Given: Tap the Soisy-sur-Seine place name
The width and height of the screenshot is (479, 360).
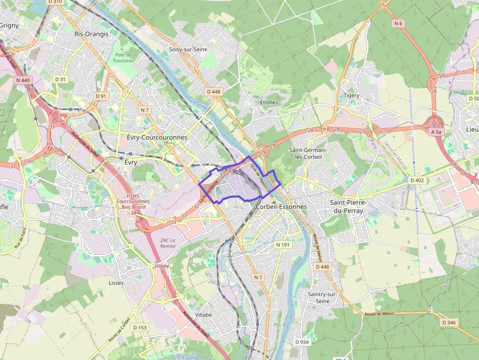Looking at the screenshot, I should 188,49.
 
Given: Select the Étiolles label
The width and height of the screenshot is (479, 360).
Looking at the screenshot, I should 269,102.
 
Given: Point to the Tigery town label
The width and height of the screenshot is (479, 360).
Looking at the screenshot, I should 351,95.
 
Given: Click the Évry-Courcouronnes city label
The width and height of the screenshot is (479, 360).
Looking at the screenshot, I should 157,137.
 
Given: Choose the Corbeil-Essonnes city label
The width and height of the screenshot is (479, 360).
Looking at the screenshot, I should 282,207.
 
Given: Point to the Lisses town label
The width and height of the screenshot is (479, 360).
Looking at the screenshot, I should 116,283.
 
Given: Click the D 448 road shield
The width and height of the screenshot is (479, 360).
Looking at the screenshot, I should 214,91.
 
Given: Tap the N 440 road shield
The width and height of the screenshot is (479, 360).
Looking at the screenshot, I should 23,80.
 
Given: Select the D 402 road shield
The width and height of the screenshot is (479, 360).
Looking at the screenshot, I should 417,180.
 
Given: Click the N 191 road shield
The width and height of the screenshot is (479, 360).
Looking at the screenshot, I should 283,244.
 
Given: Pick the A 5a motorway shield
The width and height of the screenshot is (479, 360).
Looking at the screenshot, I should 436,132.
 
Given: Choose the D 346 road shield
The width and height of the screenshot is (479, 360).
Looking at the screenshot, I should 449,322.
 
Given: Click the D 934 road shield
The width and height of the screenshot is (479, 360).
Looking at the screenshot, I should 302,342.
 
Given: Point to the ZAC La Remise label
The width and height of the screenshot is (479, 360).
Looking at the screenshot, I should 168,243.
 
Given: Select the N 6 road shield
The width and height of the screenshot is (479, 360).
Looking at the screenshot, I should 398,23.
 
